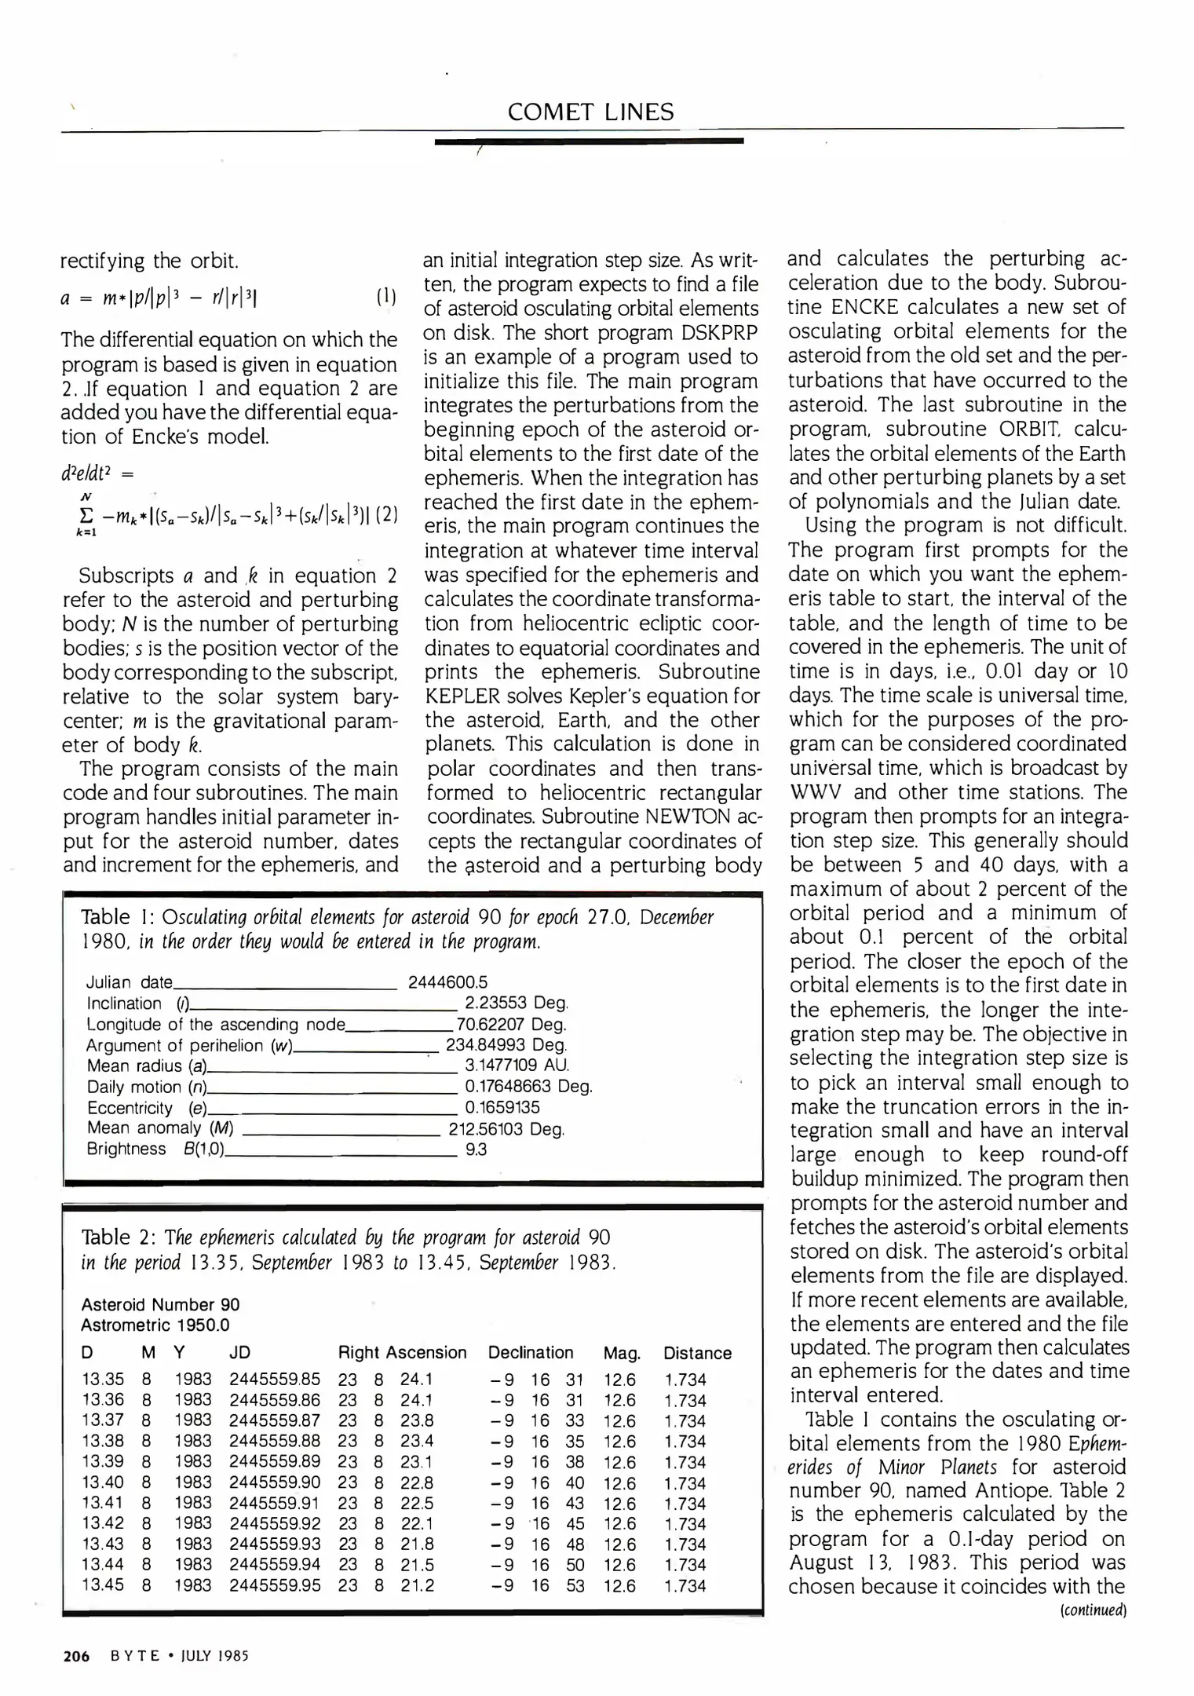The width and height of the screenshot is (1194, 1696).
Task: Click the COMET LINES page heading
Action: [590, 112]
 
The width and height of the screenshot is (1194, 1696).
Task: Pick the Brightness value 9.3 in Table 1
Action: [476, 1150]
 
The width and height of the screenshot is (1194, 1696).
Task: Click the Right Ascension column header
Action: [402, 1353]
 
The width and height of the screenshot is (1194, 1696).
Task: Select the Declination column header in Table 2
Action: [531, 1353]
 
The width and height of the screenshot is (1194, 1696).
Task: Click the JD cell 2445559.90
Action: [275, 1483]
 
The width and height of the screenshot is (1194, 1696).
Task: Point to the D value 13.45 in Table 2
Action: [102, 1585]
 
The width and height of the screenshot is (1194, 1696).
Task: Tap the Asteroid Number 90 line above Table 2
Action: [160, 1305]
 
